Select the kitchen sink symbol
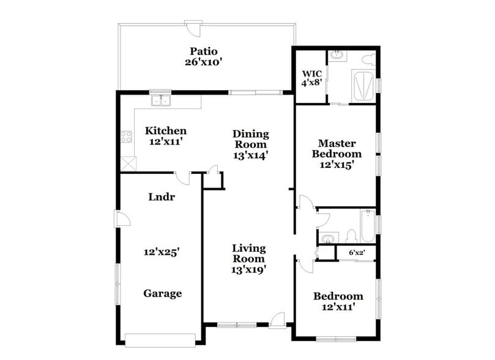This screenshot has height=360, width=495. coord(162,100)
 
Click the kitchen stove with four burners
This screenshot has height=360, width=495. coord(127,137)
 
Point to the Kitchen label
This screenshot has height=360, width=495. coord(165,131)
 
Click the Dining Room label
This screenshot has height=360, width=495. coord(251,139)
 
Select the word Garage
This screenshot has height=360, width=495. coord(162,293)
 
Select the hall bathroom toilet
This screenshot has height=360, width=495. coord(351,235)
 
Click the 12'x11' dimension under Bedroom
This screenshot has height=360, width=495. coord(338,307)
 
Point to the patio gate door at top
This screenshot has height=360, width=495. coord(194,26)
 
